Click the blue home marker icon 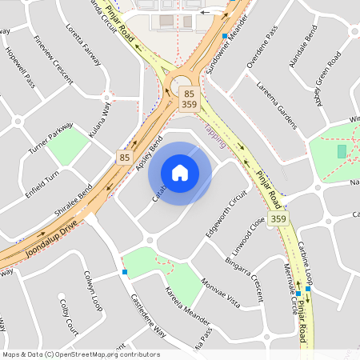coord(180,173)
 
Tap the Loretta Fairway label coord(86,57)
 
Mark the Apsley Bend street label coord(149,152)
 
